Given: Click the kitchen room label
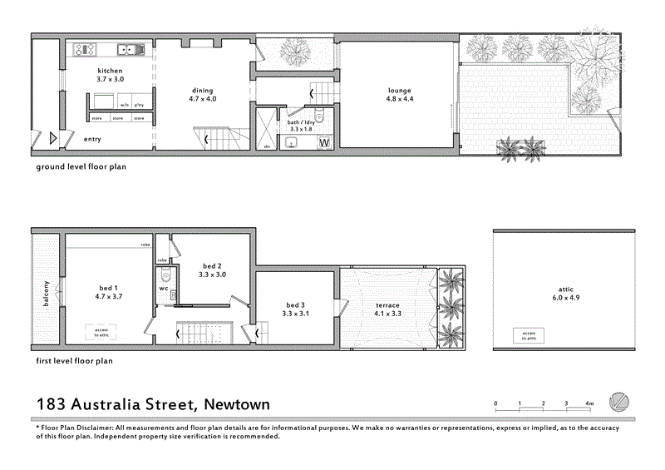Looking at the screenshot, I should [111, 75].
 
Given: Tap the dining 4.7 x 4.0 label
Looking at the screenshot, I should [202, 94].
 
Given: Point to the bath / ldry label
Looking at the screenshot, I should [301, 126].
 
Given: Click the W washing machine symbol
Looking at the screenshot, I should [324, 143].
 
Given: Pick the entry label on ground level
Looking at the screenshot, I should [92, 139].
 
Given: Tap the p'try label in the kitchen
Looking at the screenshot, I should [139, 106].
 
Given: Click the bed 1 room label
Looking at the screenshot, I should [110, 292].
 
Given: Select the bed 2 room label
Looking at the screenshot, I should [212, 270].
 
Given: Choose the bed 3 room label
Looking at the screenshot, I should [295, 309].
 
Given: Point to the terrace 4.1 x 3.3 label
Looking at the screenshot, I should [387, 309].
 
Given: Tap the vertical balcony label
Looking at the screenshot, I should [47, 293].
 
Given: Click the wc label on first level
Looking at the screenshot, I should [164, 289].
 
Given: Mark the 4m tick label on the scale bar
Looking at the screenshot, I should [589, 403].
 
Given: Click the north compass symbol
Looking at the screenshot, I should [620, 402].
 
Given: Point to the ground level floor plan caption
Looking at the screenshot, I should [80, 166].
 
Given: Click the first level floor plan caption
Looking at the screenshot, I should [73, 361].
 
